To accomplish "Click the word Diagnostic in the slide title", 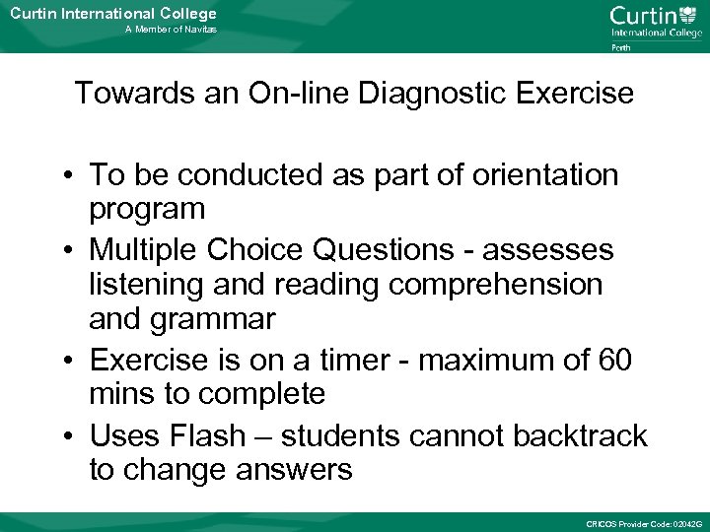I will point(422,95).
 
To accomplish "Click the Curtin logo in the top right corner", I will point(655,21).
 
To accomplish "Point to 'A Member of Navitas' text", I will point(171,31).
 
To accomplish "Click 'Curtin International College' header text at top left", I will point(112,13).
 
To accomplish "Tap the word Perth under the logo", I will point(621,47).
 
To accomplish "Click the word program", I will point(147,209).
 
